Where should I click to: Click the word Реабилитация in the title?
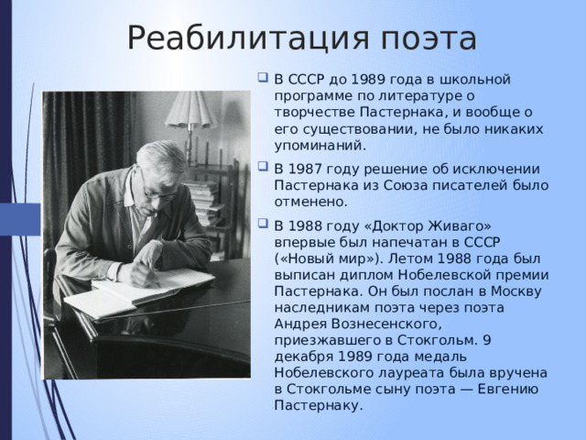coord(248,38)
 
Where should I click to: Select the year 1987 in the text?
coord(305,169)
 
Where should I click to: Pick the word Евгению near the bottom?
coord(508,389)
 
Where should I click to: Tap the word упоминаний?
coord(320,146)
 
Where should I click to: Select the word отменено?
coord(311,202)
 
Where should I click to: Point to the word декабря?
coord(303,357)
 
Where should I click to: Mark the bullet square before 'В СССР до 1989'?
coord(263,77)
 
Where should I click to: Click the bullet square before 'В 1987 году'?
coord(263,167)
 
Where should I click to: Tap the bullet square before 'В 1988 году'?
coord(263,224)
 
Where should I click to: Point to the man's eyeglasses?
coord(158,189)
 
